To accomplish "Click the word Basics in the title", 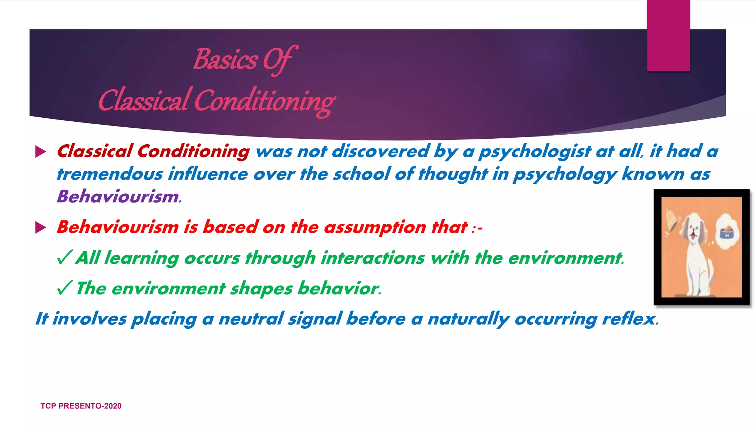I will pos(226,60).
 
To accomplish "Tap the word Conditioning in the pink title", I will pos(264,101).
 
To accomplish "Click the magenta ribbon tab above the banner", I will pos(668,35).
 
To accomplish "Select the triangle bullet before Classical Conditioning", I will pos(40,152).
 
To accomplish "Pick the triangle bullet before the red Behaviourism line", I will pos(40,227).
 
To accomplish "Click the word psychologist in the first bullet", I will pos(535,152).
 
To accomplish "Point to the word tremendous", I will pos(109,174).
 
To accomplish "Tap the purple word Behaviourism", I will pos(118,196).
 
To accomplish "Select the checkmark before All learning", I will pos(64,258).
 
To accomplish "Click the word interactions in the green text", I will pos(373,258).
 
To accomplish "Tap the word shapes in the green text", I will pos(261,288).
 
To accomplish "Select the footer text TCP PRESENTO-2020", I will pos(81,406).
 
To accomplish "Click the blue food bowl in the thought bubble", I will pos(726,234).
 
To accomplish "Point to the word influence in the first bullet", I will pos(208,174).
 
